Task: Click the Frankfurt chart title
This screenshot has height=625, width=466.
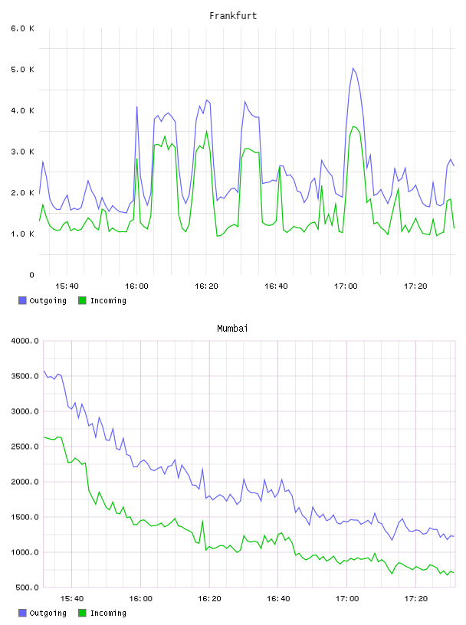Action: click(x=233, y=16)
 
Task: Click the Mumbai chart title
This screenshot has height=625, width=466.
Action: click(x=232, y=329)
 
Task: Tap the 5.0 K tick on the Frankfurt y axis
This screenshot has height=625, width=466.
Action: click(x=22, y=70)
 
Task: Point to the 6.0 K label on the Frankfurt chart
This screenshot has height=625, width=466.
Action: click(x=22, y=28)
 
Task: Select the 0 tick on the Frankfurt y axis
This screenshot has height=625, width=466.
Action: click(x=31, y=275)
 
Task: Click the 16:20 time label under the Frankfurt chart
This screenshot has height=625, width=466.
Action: click(x=206, y=286)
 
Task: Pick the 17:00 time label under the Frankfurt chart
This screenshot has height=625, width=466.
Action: click(x=346, y=286)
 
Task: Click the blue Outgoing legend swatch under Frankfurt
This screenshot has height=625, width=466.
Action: click(x=22, y=300)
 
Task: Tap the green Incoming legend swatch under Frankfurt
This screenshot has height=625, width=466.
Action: click(x=82, y=300)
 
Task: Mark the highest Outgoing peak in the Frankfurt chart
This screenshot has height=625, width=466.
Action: click(x=353, y=68)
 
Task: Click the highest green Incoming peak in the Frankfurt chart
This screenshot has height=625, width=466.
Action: click(x=353, y=126)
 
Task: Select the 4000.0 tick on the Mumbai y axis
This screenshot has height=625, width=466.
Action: click(x=25, y=341)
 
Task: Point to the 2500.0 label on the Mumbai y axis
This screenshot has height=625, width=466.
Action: click(x=25, y=447)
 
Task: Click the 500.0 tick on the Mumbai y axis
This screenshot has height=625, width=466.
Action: click(x=27, y=587)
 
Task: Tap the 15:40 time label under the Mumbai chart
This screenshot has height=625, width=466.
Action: click(x=72, y=599)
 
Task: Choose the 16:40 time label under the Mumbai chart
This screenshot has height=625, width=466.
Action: click(x=278, y=599)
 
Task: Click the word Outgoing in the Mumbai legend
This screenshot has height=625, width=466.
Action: click(x=48, y=613)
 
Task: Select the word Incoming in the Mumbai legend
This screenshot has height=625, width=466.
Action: click(x=108, y=613)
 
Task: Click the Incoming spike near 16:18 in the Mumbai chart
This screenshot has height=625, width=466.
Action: click(x=202, y=521)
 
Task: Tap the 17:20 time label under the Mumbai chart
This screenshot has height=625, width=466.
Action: click(x=415, y=599)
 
